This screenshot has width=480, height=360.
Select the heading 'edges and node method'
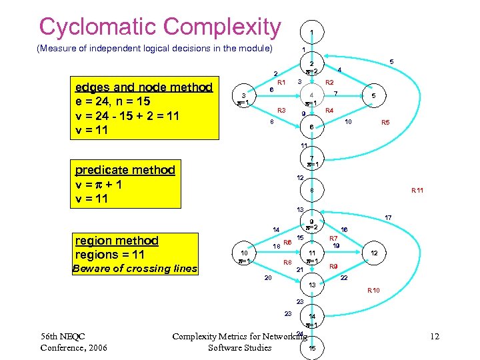pos(144,87)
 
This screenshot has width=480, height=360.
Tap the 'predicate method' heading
pos(125,169)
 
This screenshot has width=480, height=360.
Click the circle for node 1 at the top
pos(312,31)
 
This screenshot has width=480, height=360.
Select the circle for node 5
pos(374,95)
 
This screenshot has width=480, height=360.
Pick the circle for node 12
pos(374,253)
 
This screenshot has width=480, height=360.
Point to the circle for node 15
pos(312,349)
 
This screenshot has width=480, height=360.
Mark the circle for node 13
pos(312,285)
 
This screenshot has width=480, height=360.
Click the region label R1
pos(281,82)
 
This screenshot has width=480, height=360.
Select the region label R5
pos(385,123)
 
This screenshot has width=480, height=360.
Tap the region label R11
pos(417,191)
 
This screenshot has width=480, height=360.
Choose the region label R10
pos(373,291)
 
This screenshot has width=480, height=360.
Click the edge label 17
pos(388,217)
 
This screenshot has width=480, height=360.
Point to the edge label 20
pos(267,278)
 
